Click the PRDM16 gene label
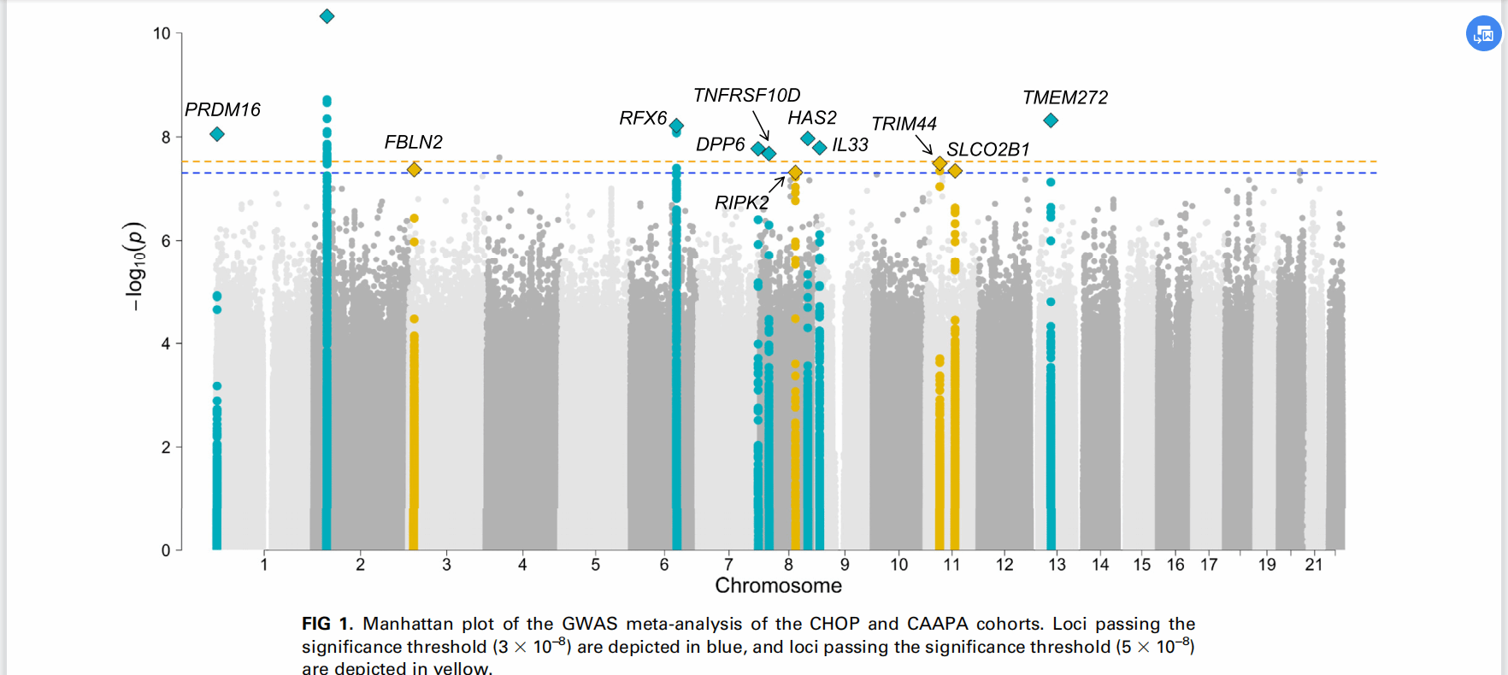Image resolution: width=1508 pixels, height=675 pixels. (222, 109)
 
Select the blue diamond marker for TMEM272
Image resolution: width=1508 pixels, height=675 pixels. (1051, 120)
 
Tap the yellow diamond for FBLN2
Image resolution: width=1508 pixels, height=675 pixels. (414, 169)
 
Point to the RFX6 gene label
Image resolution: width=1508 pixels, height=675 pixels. (643, 118)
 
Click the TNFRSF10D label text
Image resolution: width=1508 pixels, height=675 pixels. (746, 95)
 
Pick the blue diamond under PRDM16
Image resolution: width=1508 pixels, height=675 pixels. (217, 134)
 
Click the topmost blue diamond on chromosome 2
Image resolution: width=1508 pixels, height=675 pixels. (327, 16)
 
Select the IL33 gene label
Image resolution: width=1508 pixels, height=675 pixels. (850, 145)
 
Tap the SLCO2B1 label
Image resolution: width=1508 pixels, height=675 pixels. (987, 150)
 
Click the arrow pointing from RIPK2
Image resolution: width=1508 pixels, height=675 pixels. (776, 184)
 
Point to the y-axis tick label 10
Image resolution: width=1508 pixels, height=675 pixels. (162, 33)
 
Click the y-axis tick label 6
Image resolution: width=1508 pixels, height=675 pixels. (166, 241)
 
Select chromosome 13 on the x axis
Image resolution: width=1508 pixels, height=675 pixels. (1057, 565)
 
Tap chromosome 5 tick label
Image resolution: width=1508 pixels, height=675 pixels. (596, 565)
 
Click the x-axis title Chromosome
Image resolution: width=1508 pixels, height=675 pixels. (778, 586)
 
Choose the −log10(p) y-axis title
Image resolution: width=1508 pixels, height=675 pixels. (135, 266)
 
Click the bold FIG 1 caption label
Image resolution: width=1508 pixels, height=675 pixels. (327, 624)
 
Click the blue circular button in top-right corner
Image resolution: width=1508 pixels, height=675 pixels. (1483, 34)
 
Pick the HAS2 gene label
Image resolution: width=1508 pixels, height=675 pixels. (811, 117)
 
